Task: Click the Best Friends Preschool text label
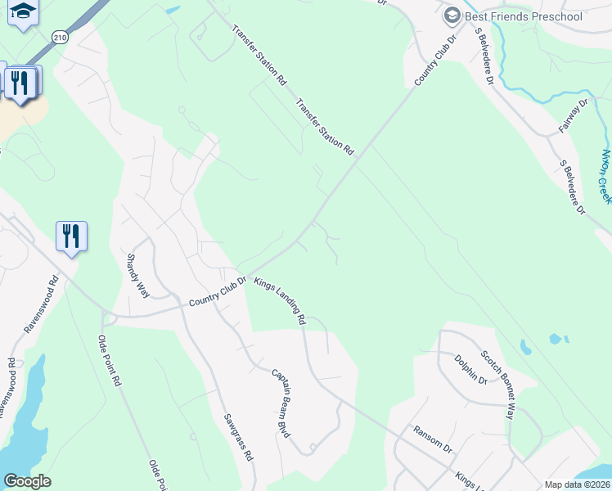click(524, 16)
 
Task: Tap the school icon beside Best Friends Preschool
click(452, 16)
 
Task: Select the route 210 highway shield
click(60, 37)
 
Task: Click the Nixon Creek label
click(605, 176)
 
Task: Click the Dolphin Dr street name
click(470, 368)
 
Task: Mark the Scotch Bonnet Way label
click(498, 385)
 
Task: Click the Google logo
click(27, 481)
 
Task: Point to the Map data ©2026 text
click(577, 484)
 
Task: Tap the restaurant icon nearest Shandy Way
click(71, 236)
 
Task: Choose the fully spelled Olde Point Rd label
click(110, 360)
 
